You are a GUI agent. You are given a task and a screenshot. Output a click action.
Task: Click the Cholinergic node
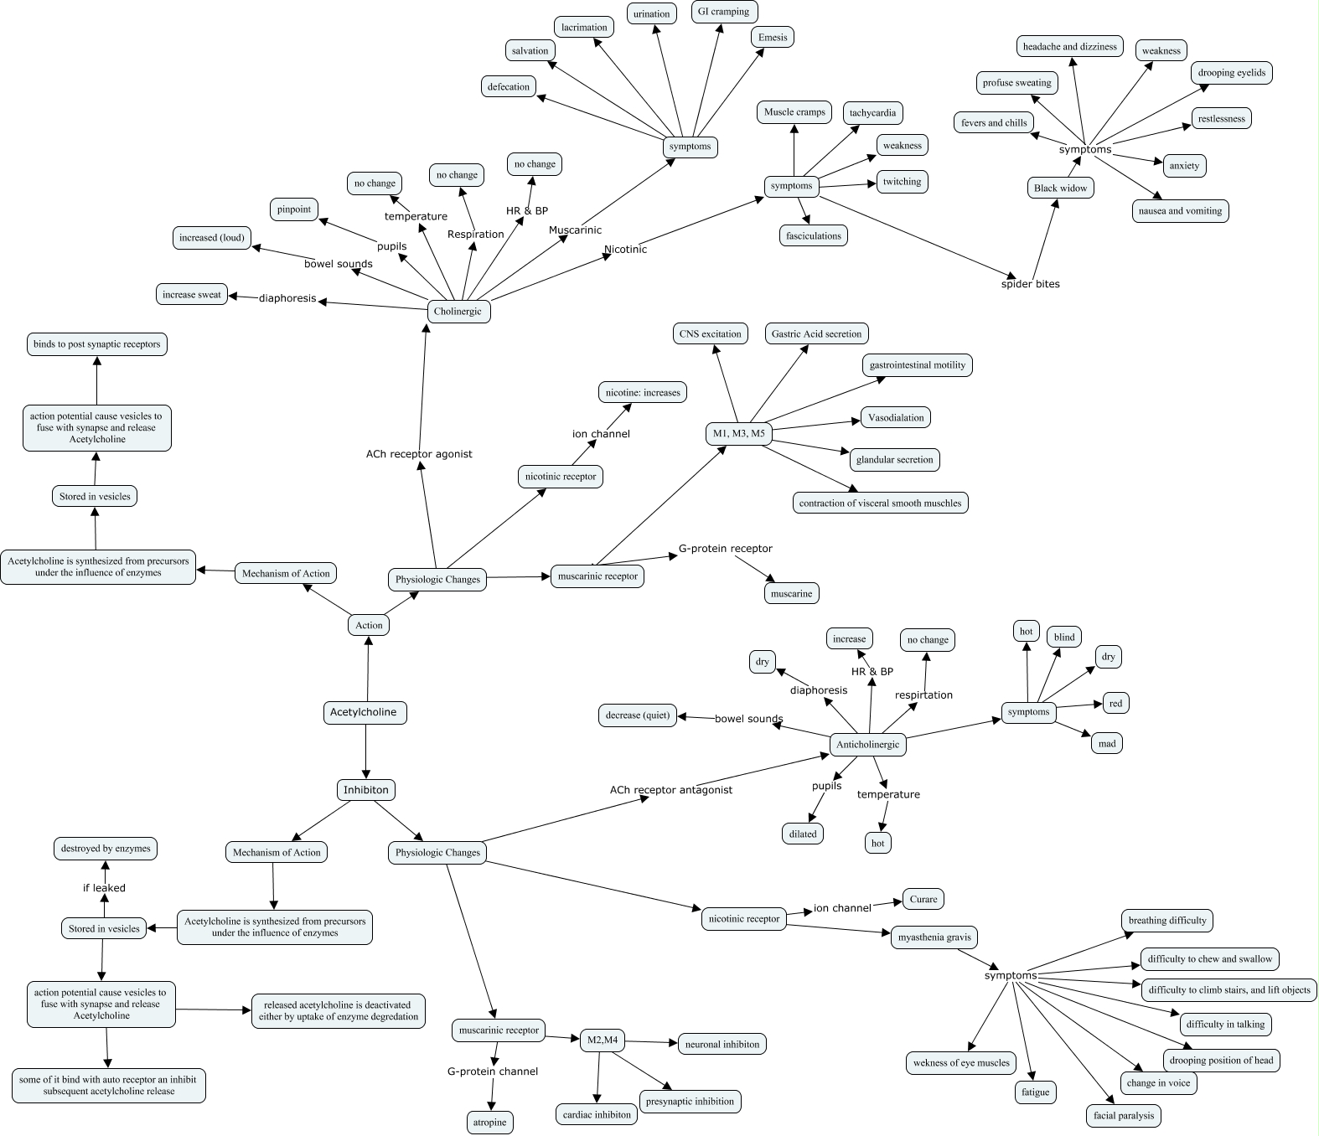[x=458, y=311]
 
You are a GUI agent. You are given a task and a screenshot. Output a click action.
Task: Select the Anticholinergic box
[x=867, y=744]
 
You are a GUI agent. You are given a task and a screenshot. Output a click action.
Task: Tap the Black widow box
[x=1060, y=188]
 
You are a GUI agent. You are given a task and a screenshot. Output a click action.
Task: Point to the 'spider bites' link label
[x=1030, y=284]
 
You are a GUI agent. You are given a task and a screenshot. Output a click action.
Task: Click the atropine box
[x=490, y=1122]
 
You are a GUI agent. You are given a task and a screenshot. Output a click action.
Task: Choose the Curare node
[x=923, y=899]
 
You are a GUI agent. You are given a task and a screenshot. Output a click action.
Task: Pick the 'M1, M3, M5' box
[x=737, y=433]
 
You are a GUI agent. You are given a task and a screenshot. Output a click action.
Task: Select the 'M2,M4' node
[x=603, y=1040]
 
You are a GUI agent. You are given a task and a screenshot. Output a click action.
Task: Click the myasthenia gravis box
[x=934, y=937]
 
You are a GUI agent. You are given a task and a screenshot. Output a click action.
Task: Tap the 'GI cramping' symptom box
[x=723, y=12]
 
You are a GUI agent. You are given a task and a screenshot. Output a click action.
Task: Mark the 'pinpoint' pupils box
[x=294, y=209]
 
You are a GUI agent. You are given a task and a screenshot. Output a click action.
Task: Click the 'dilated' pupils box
[x=803, y=834]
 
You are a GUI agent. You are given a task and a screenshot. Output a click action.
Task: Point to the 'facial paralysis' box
[x=1124, y=1115]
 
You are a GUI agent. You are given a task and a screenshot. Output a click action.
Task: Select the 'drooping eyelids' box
[x=1231, y=73]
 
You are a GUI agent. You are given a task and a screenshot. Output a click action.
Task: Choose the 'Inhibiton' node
[x=366, y=789]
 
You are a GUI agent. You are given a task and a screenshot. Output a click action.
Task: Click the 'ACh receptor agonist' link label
[x=419, y=454]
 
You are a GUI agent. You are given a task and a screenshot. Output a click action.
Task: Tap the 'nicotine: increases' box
[x=643, y=392]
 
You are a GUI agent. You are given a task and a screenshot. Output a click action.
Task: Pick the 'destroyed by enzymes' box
[x=106, y=849]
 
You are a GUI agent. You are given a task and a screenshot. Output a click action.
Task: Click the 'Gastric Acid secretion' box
[x=816, y=333]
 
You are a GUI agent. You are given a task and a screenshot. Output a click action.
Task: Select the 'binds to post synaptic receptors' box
[x=96, y=344]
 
